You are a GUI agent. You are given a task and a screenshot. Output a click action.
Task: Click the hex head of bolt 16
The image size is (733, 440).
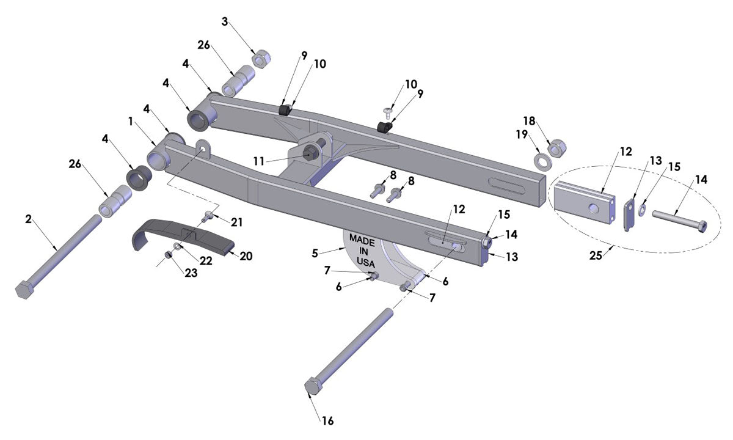[313, 389]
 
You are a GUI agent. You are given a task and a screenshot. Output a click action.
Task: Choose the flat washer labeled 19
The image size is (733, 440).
[541, 162]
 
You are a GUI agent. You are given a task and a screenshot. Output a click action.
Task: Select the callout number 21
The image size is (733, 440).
[237, 220]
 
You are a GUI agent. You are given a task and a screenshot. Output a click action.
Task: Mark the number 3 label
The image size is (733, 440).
[225, 22]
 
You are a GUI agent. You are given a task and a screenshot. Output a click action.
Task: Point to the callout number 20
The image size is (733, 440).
[246, 256]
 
